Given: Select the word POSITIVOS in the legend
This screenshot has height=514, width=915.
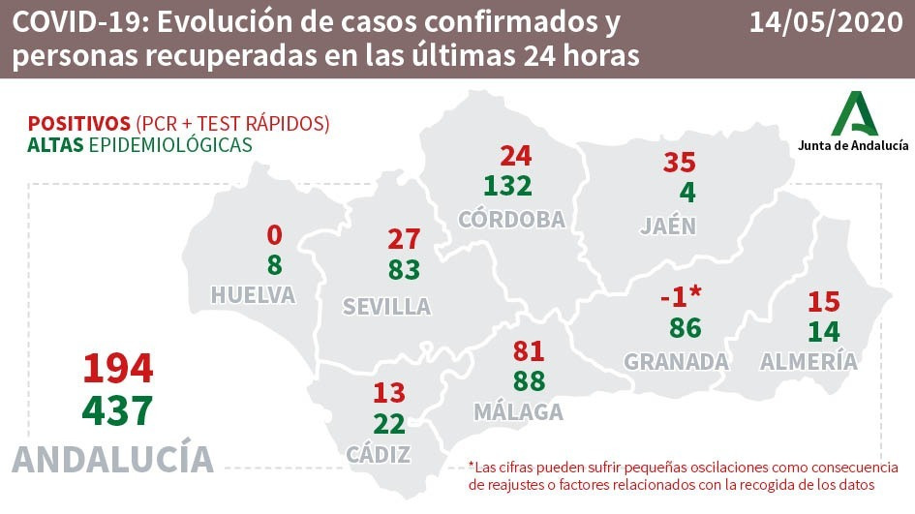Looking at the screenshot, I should (x=79, y=124).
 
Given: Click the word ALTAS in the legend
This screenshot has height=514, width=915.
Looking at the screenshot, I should (x=55, y=145).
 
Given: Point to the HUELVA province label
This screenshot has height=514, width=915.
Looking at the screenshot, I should (x=253, y=295).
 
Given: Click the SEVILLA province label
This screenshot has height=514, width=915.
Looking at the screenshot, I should (x=386, y=307).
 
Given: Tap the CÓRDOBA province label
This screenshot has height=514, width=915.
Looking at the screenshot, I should (x=511, y=220).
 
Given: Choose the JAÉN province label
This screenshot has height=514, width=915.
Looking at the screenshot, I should (x=668, y=227).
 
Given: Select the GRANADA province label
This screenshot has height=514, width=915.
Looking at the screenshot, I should (x=676, y=362).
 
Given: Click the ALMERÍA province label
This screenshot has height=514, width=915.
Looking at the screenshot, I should (x=808, y=362).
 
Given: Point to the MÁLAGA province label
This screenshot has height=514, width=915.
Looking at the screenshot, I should (x=518, y=412).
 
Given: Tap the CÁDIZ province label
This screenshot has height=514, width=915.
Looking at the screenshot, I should (x=379, y=454).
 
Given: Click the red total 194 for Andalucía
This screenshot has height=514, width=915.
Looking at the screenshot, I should (x=118, y=369).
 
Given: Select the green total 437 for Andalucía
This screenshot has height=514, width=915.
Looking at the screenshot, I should (x=118, y=411).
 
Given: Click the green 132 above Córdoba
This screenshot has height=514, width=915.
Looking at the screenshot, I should (x=510, y=186).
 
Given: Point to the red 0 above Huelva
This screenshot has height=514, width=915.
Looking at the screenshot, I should (x=274, y=235).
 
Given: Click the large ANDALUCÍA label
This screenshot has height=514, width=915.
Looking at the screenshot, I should (x=113, y=459).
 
